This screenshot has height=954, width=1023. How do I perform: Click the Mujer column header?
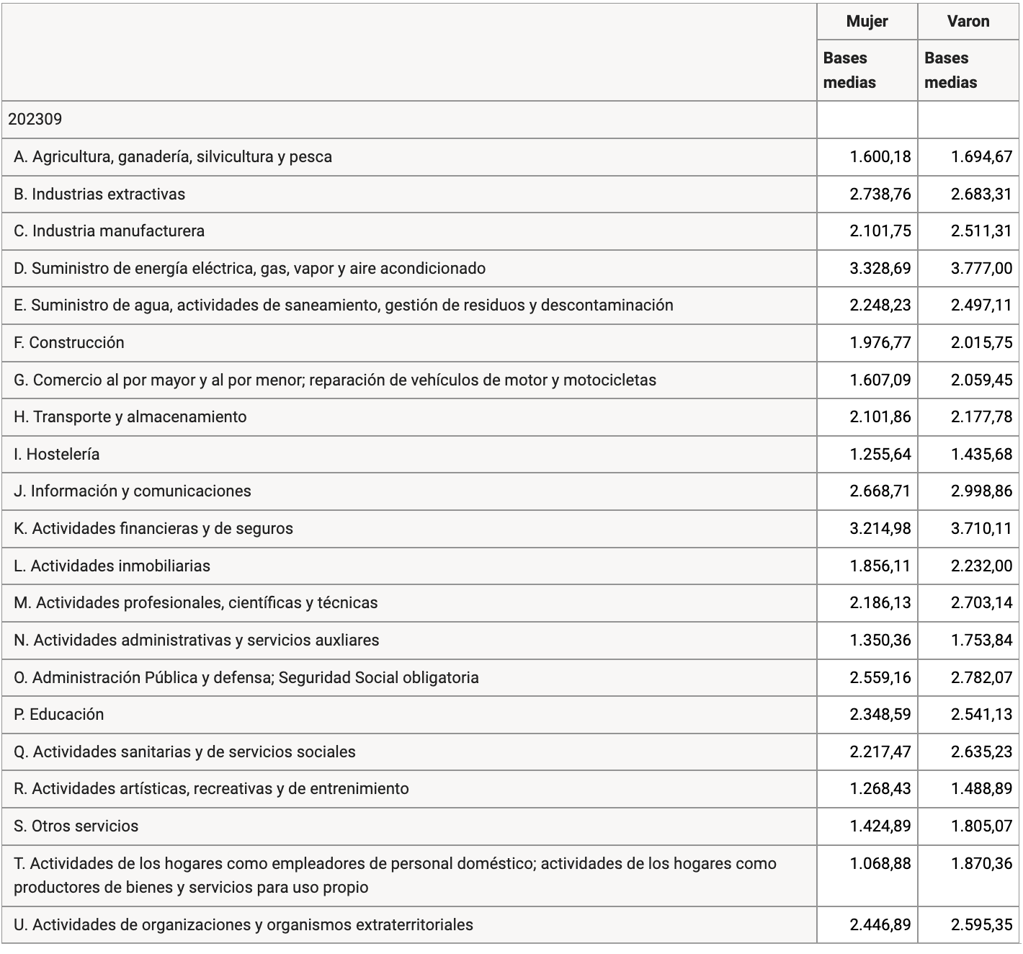867,22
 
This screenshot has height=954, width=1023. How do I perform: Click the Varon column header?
968,22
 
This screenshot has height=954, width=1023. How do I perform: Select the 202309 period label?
35,120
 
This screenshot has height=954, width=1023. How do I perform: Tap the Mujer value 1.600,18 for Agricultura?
880,156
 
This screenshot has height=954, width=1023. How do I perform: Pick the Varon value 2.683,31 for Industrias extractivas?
981,194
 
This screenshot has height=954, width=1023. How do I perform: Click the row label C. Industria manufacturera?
109,231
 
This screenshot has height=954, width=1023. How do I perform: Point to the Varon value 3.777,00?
981,268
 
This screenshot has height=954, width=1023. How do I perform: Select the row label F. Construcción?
69,343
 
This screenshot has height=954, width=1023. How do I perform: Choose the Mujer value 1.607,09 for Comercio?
880,380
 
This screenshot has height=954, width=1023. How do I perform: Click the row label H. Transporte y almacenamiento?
130,417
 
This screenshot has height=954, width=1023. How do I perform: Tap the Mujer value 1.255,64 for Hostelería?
880,455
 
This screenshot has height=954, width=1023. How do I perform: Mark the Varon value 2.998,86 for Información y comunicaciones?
981,491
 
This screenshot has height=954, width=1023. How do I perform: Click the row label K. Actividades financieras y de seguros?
153,529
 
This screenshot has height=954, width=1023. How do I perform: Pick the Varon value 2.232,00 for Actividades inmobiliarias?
981,566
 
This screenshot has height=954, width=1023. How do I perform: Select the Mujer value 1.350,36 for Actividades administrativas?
880,640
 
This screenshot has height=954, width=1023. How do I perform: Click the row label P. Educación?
59,715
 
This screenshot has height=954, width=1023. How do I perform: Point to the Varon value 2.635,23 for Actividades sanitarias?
981,752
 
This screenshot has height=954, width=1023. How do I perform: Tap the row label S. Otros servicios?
76,826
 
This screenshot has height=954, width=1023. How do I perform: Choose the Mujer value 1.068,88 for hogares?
880,863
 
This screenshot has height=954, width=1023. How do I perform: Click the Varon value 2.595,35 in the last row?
981,924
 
